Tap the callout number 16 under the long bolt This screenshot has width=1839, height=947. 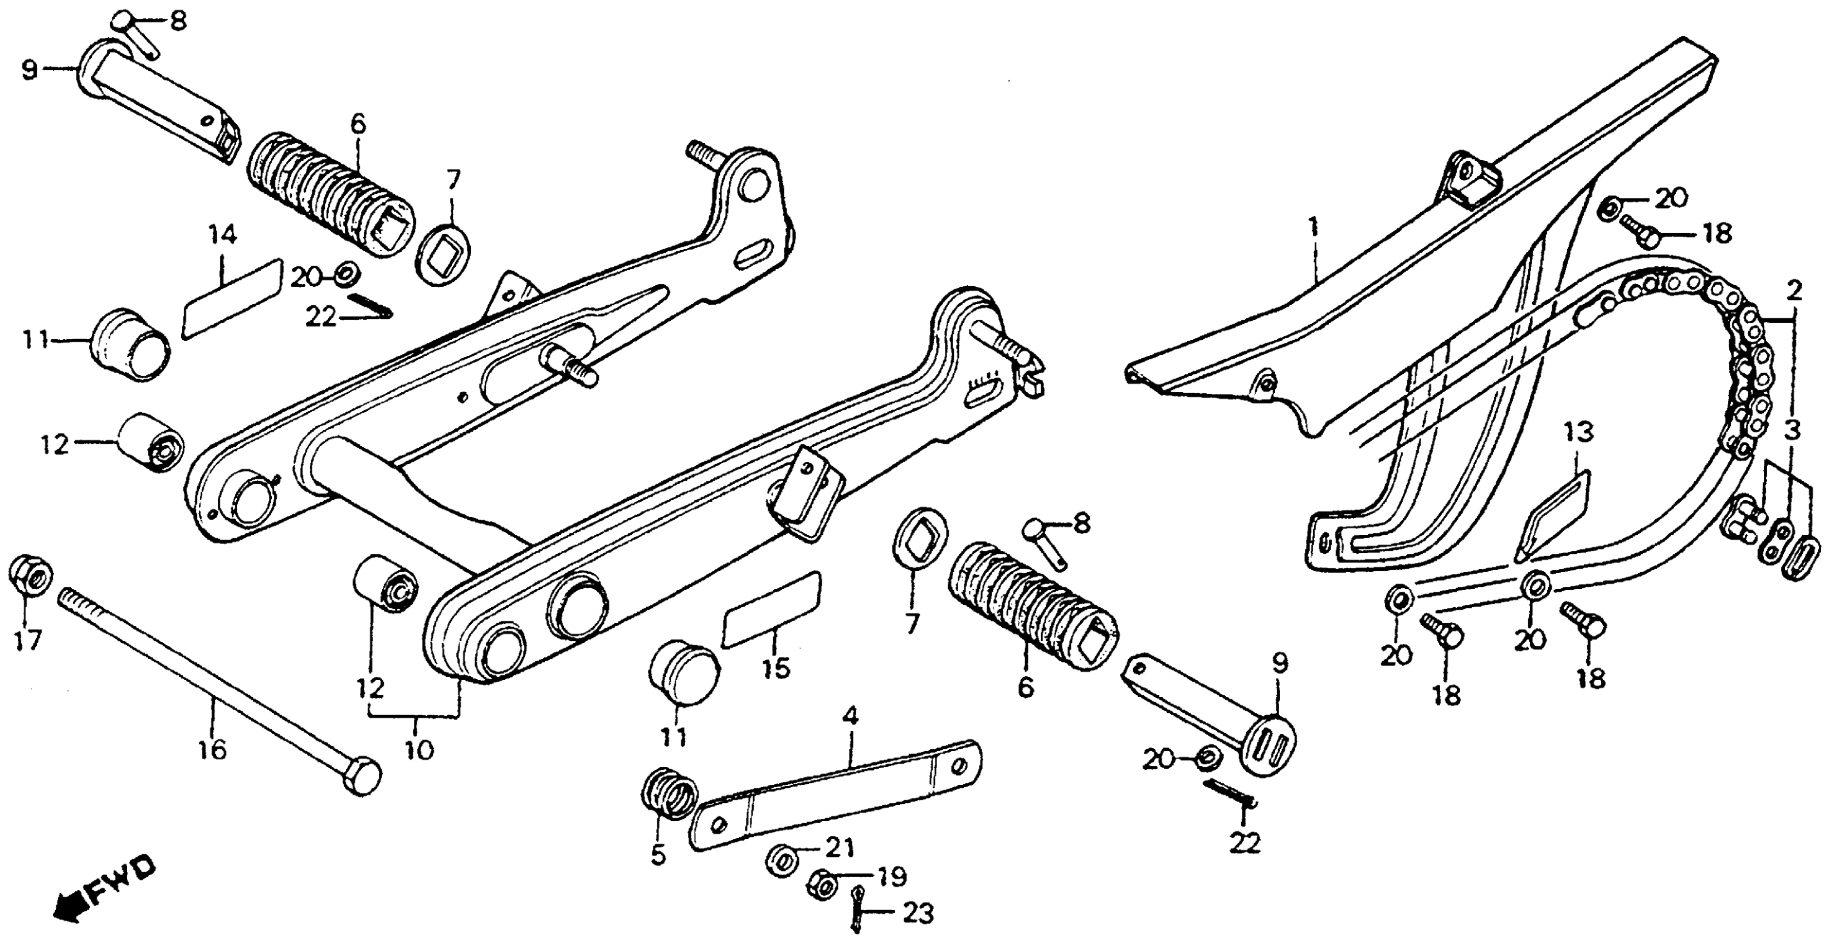click(x=213, y=749)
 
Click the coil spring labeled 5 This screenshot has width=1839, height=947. click(x=669, y=792)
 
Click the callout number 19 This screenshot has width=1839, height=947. click(x=892, y=876)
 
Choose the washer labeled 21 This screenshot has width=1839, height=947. click(x=782, y=860)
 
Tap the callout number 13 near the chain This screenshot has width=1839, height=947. click(x=1578, y=432)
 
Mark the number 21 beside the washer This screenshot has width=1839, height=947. click(x=840, y=848)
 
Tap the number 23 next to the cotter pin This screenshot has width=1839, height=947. click(x=918, y=914)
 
